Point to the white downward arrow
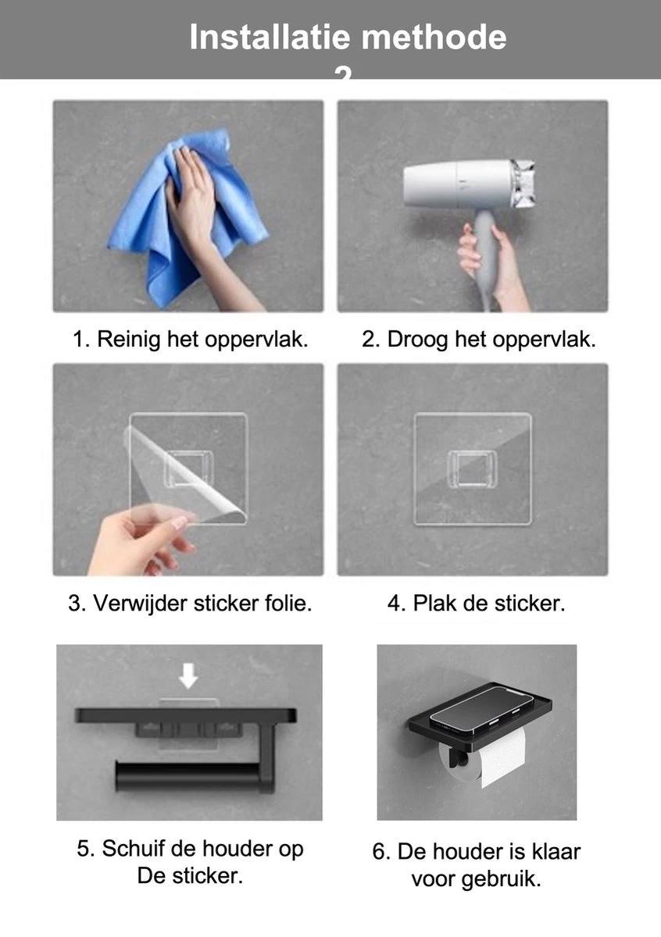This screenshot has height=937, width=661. click(x=188, y=674)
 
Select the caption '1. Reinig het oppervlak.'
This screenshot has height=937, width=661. click(x=190, y=340)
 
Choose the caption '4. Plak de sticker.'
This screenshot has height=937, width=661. click(x=475, y=603)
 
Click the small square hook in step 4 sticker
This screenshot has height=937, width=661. click(x=473, y=469)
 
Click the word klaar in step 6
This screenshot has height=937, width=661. click(x=553, y=851)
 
